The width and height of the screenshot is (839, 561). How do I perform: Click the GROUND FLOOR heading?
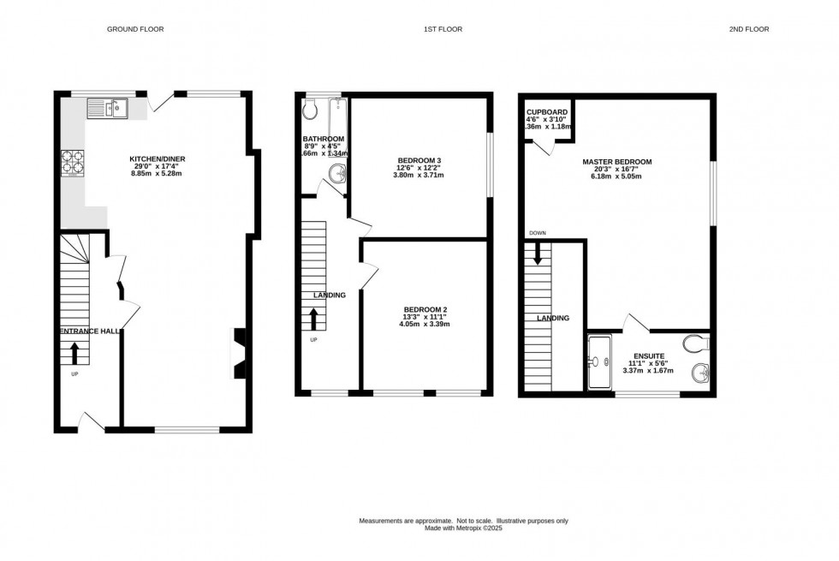[x=134, y=29]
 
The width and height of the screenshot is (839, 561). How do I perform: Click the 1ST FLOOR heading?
[x=443, y=29]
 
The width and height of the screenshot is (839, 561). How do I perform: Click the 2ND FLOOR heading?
[x=749, y=29]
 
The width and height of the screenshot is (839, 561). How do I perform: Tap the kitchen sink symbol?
[x=107, y=108]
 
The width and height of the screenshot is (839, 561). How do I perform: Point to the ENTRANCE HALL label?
[x=89, y=331]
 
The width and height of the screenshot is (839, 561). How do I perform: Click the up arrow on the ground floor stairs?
[x=74, y=352]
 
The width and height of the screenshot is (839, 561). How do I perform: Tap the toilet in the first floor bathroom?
[x=310, y=108]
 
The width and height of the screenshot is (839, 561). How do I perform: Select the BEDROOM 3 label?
[x=419, y=161]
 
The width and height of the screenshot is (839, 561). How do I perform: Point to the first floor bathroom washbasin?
[x=339, y=175]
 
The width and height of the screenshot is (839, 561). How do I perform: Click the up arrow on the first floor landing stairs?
[x=313, y=319]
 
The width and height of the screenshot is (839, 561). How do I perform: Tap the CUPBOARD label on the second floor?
[x=547, y=111]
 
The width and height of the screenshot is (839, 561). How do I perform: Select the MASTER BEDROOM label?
[x=617, y=162]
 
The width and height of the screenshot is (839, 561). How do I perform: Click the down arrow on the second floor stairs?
[x=538, y=254]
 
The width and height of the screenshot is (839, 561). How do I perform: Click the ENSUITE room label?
[x=648, y=355]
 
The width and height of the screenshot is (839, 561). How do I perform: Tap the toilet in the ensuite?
[x=696, y=343]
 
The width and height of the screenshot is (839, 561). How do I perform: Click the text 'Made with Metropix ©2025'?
[x=463, y=528]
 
